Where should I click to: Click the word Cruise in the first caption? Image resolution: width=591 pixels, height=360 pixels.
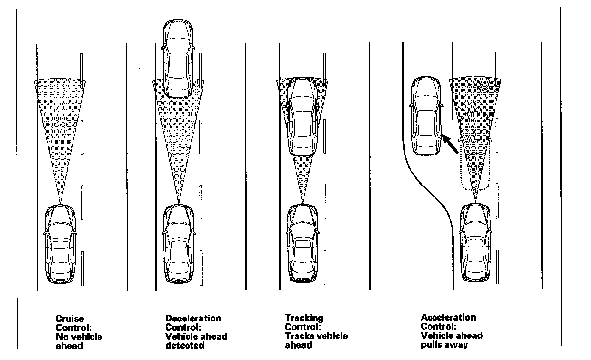coord(70,319)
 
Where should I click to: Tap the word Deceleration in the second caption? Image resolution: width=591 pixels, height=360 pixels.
coord(193,318)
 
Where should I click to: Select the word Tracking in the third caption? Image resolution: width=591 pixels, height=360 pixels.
coord(304,318)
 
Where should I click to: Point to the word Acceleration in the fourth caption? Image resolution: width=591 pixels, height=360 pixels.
coord(448,318)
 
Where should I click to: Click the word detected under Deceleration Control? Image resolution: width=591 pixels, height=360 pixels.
coord(185,346)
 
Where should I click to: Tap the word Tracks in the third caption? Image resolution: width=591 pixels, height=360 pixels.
coord(298,336)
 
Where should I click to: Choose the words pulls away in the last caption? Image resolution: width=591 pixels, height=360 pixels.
coord(444,345)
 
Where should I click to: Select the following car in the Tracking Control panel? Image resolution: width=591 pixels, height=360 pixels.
coord(302,244)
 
